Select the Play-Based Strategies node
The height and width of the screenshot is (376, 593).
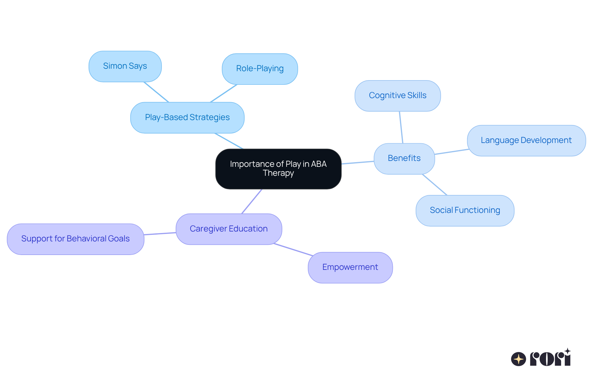click(187, 118)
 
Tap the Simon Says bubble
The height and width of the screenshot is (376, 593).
click(125, 66)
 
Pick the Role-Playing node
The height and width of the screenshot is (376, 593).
click(260, 69)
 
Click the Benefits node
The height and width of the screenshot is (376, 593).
click(404, 158)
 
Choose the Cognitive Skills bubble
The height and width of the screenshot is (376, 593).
click(397, 96)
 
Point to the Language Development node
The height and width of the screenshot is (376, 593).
click(526, 140)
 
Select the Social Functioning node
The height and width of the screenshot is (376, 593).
click(465, 210)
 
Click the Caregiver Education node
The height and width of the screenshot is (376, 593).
click(229, 229)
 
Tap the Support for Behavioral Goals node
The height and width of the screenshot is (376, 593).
click(75, 239)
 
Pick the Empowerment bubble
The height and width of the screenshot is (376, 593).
click(350, 267)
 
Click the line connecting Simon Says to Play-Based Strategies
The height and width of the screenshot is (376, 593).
click(156, 92)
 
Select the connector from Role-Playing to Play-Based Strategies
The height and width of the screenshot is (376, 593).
click(224, 93)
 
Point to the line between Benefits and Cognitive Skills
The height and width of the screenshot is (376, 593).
click(401, 127)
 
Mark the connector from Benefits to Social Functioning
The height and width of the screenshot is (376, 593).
click(435, 185)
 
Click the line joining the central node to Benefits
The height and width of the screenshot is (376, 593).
click(358, 162)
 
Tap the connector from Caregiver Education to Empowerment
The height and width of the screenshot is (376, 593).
click(293, 250)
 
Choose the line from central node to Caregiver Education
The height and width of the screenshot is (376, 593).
click(252, 201)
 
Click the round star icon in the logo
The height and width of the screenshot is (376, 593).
click(518, 359)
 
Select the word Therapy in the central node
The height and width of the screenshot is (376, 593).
click(278, 173)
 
